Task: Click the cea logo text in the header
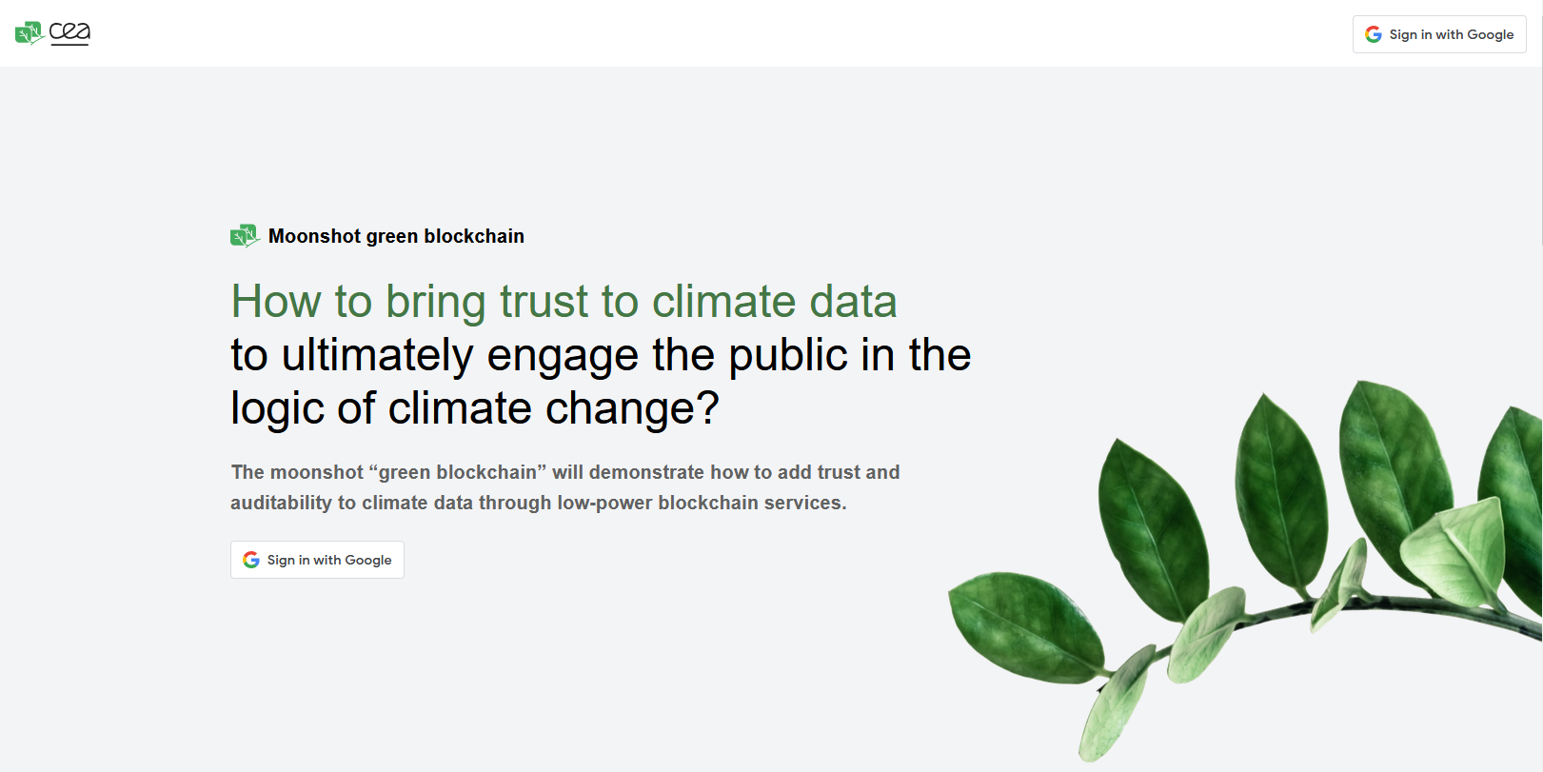coord(69,33)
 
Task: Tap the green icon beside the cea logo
coord(30,33)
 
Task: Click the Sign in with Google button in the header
coord(1439,34)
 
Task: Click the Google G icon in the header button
coord(1373,34)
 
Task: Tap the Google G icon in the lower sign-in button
coord(250,560)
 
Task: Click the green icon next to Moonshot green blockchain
coord(245,236)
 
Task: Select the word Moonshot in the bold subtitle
coord(315,236)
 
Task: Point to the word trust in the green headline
coord(544,302)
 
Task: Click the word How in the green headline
coord(275,302)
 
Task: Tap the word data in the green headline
coord(853,302)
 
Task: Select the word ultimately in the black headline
coord(378,355)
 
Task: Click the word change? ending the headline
coord(632,408)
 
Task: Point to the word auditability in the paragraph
coord(281,503)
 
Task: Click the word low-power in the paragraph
coord(604,503)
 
